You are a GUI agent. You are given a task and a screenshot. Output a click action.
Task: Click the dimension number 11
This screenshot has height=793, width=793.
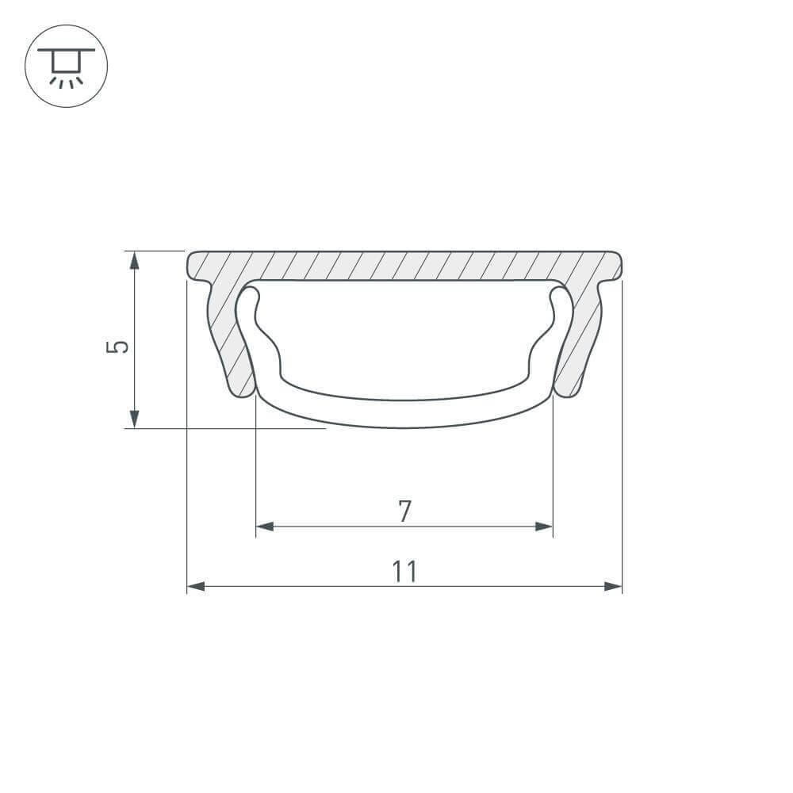pos(404,571)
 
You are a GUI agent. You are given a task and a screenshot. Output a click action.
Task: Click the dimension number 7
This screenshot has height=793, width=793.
pos(404,511)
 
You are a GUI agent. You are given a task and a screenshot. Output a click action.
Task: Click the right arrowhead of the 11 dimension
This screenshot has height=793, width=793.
pos(612,587)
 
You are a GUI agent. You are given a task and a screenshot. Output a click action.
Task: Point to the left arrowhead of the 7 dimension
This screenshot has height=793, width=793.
pos(265,527)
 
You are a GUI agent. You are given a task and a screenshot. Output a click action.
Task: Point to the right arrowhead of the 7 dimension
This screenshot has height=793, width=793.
pos(543,527)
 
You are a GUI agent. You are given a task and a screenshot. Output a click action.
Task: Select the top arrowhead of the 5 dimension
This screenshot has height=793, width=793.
pos(135,260)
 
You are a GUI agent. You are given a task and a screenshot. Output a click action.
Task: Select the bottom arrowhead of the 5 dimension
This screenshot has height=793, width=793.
pos(135,419)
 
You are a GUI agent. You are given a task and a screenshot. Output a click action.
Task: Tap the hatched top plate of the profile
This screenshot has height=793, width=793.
pos(404,266)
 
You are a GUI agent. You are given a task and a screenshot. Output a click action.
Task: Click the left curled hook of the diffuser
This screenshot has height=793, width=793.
pos(249,305)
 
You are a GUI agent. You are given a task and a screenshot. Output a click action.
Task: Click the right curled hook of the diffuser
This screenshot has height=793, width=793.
pos(560,305)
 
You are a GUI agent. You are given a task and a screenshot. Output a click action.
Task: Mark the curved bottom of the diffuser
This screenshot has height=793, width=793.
pos(404,413)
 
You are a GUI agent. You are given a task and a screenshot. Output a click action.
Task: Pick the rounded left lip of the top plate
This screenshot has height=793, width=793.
pos(193,267)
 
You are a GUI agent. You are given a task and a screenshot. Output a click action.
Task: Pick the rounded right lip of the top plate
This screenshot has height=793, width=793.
pos(616,267)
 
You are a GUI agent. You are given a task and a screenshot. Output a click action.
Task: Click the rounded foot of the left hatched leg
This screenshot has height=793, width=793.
pos(241,389)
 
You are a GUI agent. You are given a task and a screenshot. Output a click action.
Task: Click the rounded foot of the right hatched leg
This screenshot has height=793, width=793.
pos(568,389)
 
